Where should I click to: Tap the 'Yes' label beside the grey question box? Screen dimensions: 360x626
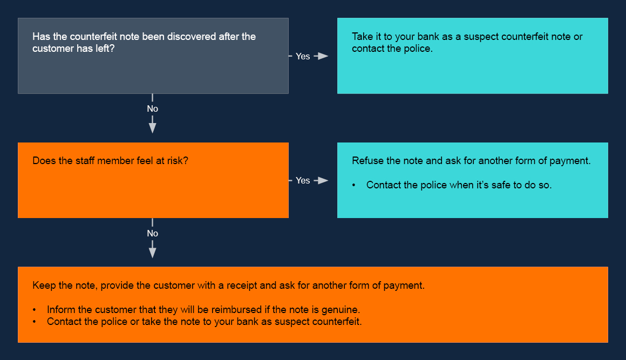coord(303,56)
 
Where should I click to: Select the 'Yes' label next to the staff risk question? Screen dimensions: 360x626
coord(303,180)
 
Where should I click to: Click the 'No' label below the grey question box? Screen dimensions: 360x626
coord(152,108)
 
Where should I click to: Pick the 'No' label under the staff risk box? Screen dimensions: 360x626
coord(152,233)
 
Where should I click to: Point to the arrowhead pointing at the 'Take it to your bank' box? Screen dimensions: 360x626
coord(322,56)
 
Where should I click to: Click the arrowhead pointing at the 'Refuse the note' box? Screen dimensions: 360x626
coord(322,180)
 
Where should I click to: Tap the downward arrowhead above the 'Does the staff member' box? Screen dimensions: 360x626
coord(152,127)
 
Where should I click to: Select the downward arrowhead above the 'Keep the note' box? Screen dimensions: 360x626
coord(152,252)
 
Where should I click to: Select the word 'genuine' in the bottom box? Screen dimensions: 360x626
coord(342,310)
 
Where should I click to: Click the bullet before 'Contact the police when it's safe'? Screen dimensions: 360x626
coord(354,185)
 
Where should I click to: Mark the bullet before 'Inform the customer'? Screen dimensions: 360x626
coord(35,310)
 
